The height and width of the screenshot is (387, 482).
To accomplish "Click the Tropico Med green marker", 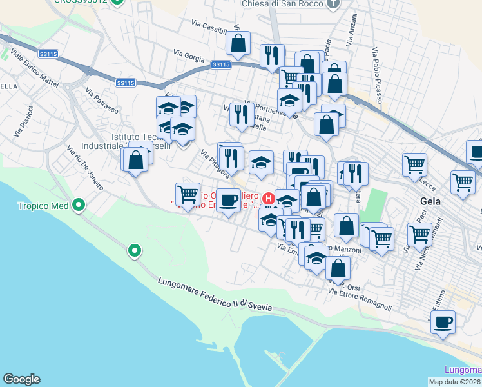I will pyautogui.click(x=79, y=206).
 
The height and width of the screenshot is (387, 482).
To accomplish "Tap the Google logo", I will pyautogui.click(x=21, y=379).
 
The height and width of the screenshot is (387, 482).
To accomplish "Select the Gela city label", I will pyautogui.click(x=430, y=201).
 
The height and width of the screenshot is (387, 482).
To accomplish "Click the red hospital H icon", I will pyautogui.click(x=269, y=197).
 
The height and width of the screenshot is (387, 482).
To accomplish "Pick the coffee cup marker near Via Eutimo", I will pyautogui.click(x=443, y=322).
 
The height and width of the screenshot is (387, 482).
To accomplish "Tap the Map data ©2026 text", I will pyautogui.click(x=455, y=382).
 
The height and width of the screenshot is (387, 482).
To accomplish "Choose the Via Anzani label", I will pyautogui.click(x=350, y=30).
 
